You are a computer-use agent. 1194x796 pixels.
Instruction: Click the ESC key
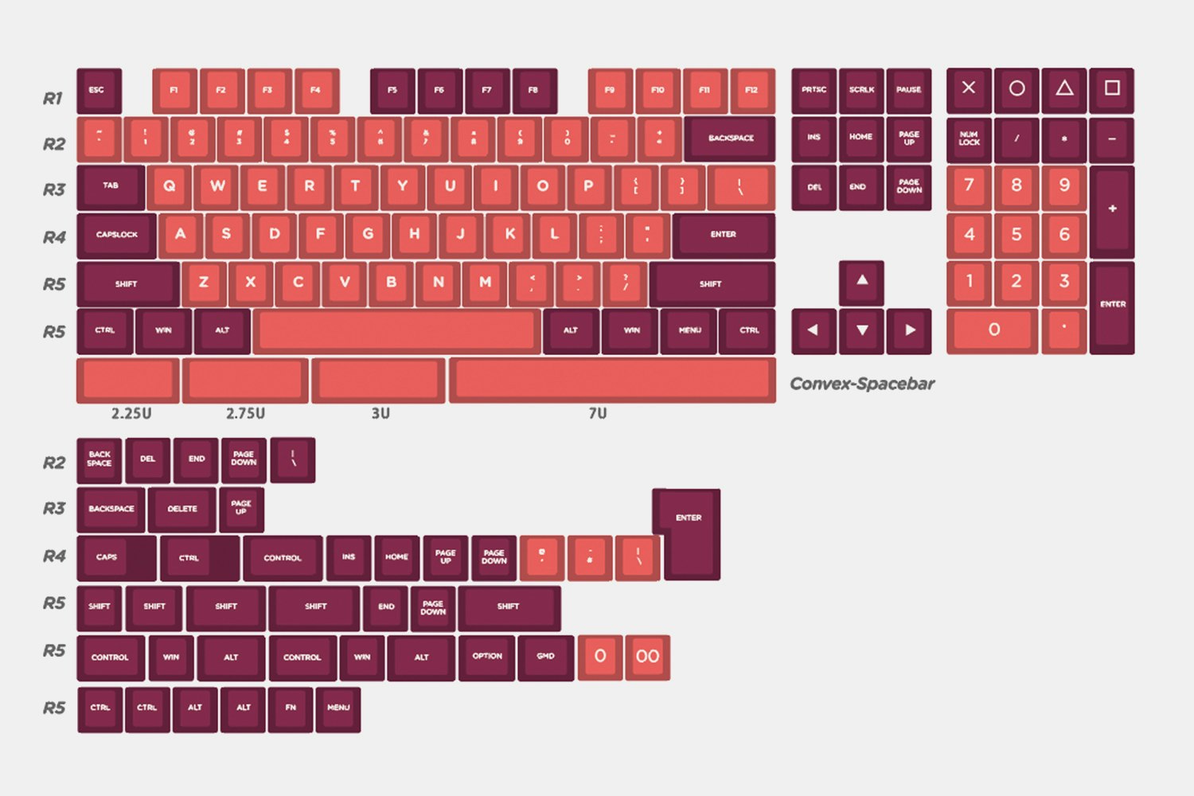98,90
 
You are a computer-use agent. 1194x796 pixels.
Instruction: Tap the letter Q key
169,186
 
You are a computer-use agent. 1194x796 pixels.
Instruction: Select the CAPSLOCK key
117,235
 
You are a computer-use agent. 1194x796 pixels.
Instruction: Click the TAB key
111,186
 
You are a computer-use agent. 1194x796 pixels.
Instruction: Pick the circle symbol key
1016,89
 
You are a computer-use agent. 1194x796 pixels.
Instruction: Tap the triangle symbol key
1064,89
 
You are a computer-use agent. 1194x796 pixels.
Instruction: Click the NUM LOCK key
969,139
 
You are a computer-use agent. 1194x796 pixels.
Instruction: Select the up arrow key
861,281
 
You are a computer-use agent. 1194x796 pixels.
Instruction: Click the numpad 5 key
1016,235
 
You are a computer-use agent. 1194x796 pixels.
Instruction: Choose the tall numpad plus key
1112,210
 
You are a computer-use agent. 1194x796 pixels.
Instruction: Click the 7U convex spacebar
612,380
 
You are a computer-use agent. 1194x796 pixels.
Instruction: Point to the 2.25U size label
131,414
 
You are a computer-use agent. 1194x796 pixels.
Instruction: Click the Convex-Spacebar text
861,384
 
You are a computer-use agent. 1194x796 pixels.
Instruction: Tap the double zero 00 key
647,657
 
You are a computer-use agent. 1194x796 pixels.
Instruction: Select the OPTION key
487,657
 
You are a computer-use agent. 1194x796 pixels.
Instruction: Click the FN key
291,708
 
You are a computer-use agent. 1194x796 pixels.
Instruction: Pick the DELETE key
182,509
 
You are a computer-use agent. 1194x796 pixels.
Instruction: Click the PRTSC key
814,90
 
